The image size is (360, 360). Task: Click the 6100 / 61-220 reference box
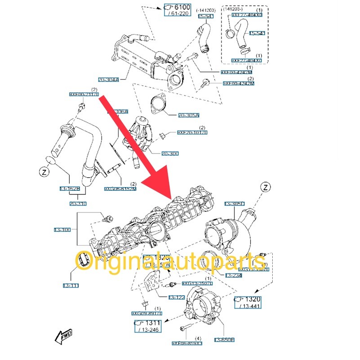177,10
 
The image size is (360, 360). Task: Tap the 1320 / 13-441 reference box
247,302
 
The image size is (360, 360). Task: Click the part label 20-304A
109,80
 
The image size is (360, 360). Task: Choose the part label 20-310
78,204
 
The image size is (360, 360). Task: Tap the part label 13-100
63,230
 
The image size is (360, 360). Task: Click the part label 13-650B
225,340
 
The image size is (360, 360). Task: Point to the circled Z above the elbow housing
265,187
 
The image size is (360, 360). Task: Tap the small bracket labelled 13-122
153,281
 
